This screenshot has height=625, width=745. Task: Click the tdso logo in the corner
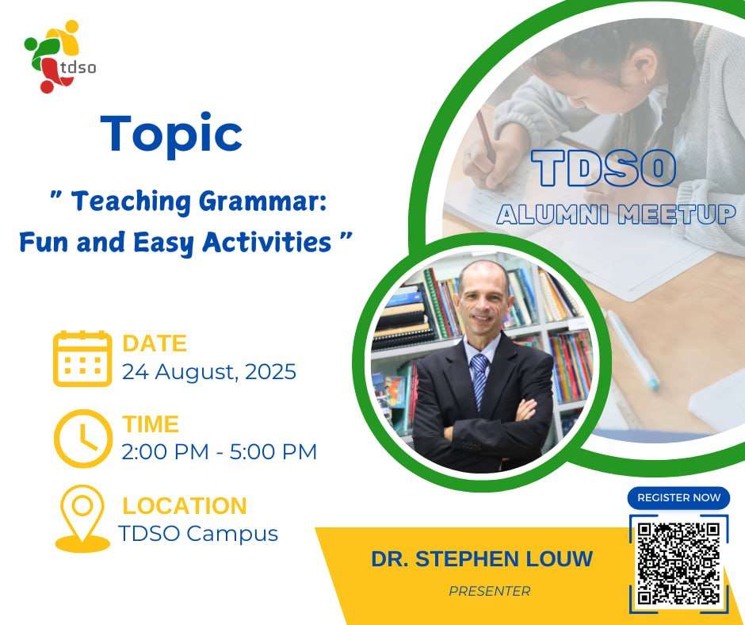pyautogui.click(x=59, y=56)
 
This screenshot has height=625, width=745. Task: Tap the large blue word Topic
pyautogui.click(x=171, y=134)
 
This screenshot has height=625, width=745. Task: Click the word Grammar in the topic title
pyautogui.click(x=263, y=202)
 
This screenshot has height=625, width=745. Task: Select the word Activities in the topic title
pyautogui.click(x=266, y=242)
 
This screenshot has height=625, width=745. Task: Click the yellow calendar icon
pyautogui.click(x=82, y=359)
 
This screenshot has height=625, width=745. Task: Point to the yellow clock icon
pyautogui.click(x=83, y=439)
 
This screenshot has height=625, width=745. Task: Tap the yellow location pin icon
pyautogui.click(x=82, y=519)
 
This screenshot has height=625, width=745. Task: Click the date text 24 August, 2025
pyautogui.click(x=209, y=372)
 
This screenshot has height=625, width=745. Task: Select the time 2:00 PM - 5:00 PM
pyautogui.click(x=219, y=452)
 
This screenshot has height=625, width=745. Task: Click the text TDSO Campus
pyautogui.click(x=198, y=534)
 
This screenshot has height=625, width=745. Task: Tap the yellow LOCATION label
pyautogui.click(x=185, y=505)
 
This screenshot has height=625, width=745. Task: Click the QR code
pyautogui.click(x=678, y=564)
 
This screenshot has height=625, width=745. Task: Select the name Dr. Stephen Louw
pyautogui.click(x=482, y=559)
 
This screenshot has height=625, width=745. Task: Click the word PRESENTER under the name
pyautogui.click(x=489, y=591)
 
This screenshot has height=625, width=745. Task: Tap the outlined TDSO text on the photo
pyautogui.click(x=603, y=168)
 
